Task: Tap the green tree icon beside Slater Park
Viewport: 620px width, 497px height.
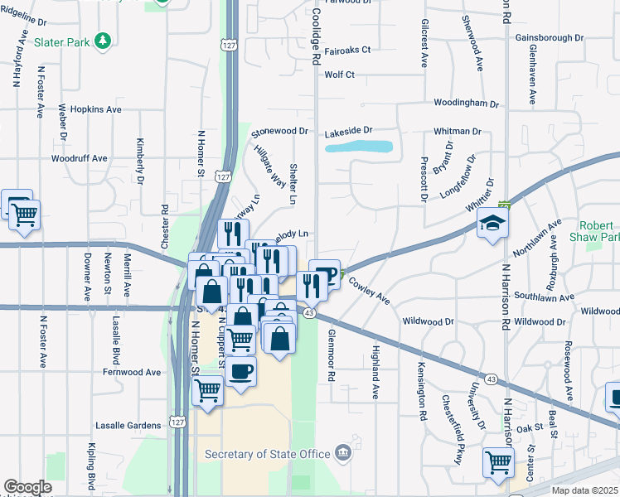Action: tap(103, 40)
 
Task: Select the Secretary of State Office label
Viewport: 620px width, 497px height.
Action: tap(267, 453)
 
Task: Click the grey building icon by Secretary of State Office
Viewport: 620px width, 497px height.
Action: tap(342, 453)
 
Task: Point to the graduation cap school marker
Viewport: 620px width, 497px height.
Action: tap(492, 223)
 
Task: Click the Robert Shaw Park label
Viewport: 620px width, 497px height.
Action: tap(597, 231)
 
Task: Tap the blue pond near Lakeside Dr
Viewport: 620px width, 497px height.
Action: tap(359, 147)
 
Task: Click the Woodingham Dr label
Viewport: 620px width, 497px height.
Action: tap(467, 104)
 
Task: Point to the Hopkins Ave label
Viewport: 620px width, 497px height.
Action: tap(96, 109)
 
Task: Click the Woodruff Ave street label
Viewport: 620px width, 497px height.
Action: tap(80, 157)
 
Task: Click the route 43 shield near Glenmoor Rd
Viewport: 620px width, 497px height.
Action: tap(308, 312)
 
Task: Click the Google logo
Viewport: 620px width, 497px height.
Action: tap(27, 487)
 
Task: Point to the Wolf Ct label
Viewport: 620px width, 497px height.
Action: tap(339, 75)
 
